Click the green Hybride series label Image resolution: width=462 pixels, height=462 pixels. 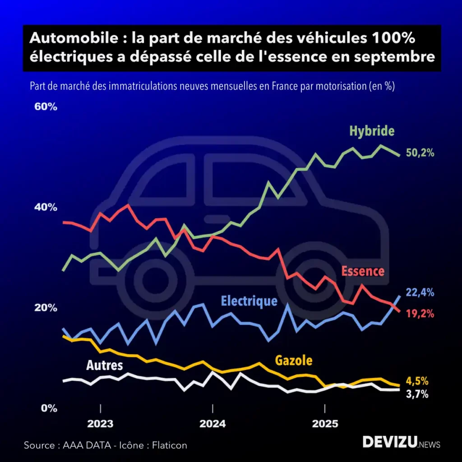[x=372, y=131]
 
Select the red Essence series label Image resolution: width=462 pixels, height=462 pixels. [x=363, y=271]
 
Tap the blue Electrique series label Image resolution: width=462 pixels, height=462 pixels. [x=249, y=301]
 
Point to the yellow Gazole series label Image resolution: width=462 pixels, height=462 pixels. [x=294, y=360]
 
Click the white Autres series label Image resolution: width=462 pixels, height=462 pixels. [x=105, y=365]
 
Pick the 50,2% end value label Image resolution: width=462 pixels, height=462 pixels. [x=420, y=153]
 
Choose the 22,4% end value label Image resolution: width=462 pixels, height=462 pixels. [x=420, y=293]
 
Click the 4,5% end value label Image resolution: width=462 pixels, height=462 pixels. [x=417, y=381]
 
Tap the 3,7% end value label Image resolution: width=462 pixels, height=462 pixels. [x=417, y=394]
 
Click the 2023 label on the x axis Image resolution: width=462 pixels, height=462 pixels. [x=100, y=425]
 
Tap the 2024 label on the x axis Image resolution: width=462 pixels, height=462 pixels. [x=213, y=425]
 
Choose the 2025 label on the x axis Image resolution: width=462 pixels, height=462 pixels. [x=325, y=425]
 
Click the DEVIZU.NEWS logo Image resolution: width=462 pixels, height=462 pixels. [x=401, y=443]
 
